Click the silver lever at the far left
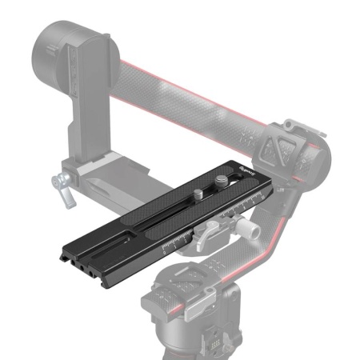coord(58,187)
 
